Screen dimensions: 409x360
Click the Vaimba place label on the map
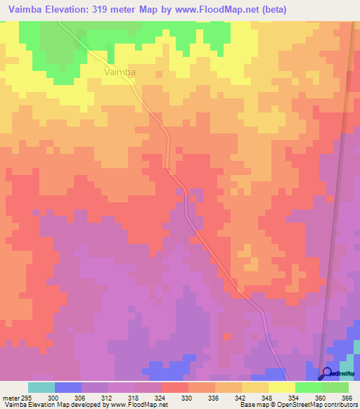point(119,72)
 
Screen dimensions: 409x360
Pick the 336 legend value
point(215,397)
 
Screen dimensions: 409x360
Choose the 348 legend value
point(269,397)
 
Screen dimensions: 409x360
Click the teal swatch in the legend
point(41,387)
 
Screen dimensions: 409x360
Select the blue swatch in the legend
point(68,387)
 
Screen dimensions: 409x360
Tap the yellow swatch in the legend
point(282,387)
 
